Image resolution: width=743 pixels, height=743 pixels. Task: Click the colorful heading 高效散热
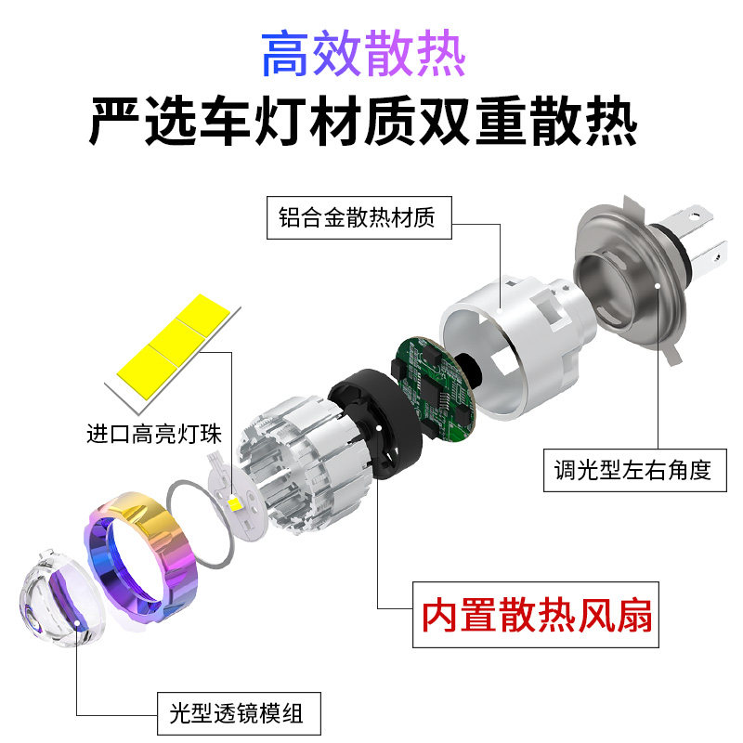point(363,53)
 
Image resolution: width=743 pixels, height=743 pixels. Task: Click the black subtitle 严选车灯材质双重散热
point(363,122)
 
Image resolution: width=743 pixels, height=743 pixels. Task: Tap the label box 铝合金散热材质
point(359,218)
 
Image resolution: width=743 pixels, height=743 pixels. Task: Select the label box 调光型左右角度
point(634,471)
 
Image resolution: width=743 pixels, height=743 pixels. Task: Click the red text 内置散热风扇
point(537,615)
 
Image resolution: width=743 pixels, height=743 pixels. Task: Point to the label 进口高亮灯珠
point(154,434)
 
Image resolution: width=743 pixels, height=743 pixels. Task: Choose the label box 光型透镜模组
point(239,713)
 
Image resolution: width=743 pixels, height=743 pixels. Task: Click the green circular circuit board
point(433,387)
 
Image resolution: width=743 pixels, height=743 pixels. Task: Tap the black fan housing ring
point(375,424)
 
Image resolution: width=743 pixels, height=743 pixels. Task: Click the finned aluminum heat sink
point(305,464)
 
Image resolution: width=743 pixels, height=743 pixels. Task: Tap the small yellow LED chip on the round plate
point(234,502)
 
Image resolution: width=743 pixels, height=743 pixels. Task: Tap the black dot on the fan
point(379,427)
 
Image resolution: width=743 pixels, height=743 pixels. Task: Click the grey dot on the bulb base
point(658,285)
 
